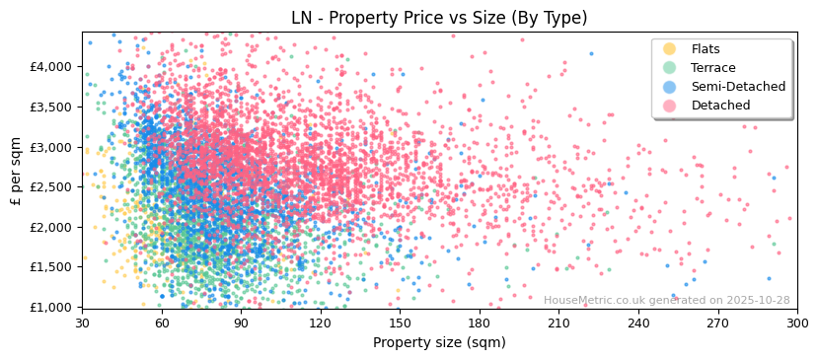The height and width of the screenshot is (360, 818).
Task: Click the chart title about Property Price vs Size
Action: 439,18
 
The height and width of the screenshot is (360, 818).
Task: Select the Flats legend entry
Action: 705,49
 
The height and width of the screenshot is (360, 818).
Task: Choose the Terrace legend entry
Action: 712,68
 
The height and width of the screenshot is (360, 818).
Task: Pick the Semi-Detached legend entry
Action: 738,87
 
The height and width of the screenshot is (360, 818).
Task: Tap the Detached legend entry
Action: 720,106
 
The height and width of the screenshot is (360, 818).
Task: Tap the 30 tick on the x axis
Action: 82,324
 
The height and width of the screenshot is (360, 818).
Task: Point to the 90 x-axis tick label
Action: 241,324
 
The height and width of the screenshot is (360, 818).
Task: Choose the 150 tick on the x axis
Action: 400,324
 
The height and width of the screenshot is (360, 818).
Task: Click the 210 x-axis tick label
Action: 558,324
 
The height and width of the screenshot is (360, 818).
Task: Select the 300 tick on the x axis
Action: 796,324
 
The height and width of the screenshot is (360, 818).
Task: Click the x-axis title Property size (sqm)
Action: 439,342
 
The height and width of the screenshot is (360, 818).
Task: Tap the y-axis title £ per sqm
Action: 17,170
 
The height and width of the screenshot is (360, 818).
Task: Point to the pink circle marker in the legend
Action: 670,106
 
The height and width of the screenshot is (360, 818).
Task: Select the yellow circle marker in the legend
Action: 670,49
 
